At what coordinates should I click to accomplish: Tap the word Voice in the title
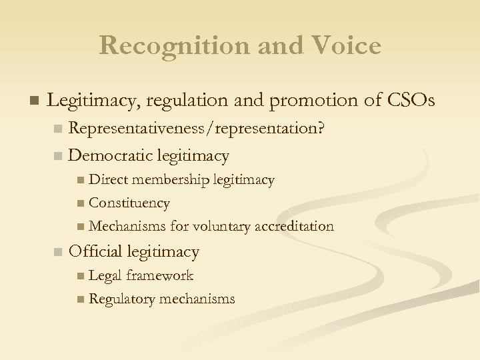(345, 45)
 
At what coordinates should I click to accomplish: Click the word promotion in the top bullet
(308, 101)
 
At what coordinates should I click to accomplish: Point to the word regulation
(189, 101)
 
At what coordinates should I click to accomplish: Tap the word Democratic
(111, 156)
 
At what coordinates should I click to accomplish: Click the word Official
(96, 251)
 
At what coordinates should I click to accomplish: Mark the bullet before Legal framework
(80, 276)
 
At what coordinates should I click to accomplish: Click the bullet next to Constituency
(80, 203)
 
